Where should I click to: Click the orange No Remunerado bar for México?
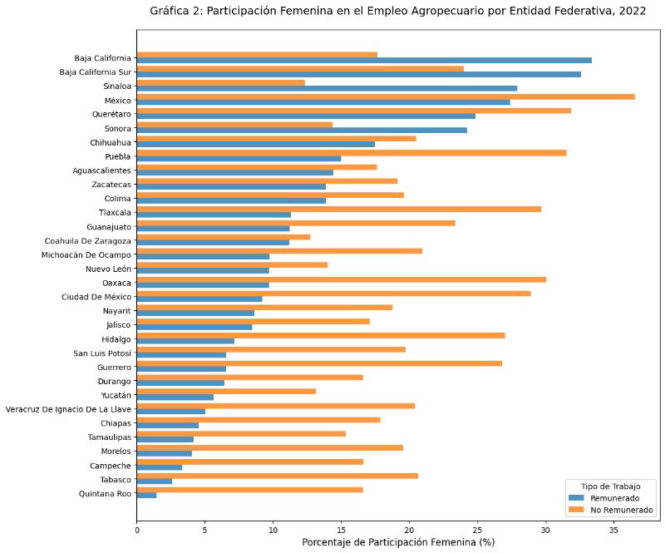tap(385, 96)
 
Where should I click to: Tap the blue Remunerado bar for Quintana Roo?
tap(146, 496)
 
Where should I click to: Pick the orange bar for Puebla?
tap(351, 152)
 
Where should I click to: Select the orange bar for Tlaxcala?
tap(338, 209)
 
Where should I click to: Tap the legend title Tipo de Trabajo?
tap(610, 485)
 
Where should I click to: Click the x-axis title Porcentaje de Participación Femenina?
tap(397, 542)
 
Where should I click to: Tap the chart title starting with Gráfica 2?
tap(397, 11)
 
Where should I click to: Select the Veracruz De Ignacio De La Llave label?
tap(68, 409)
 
